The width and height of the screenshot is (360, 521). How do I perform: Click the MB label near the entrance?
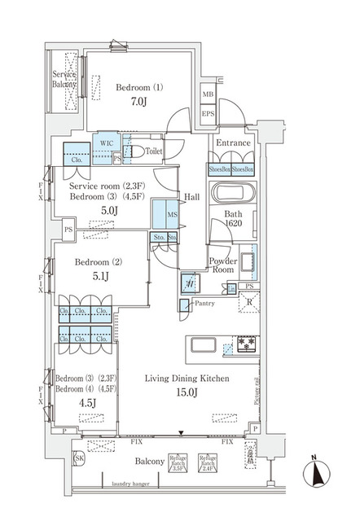(207, 94)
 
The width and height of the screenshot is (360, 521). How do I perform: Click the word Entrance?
(233, 142)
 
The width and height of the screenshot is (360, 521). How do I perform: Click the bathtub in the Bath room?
(233, 195)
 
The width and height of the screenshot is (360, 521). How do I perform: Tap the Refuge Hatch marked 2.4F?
(208, 462)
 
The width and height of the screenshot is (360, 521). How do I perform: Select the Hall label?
(192, 197)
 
